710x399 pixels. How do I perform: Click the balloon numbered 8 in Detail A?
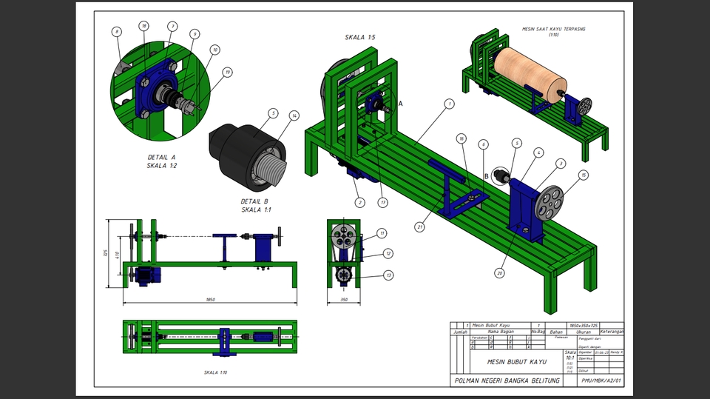116,32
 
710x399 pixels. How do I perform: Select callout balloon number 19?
228,72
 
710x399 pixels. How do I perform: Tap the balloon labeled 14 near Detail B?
294,115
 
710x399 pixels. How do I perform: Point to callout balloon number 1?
448,104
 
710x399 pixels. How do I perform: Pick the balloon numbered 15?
584,175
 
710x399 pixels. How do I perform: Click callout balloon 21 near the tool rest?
419,227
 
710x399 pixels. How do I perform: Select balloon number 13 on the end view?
388,275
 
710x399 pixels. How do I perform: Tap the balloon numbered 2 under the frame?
359,202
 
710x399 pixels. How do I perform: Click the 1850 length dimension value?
211,299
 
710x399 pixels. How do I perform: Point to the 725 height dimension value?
108,253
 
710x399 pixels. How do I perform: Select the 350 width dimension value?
342,299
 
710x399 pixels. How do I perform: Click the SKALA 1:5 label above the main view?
359,37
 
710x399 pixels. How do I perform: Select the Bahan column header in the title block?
557,332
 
